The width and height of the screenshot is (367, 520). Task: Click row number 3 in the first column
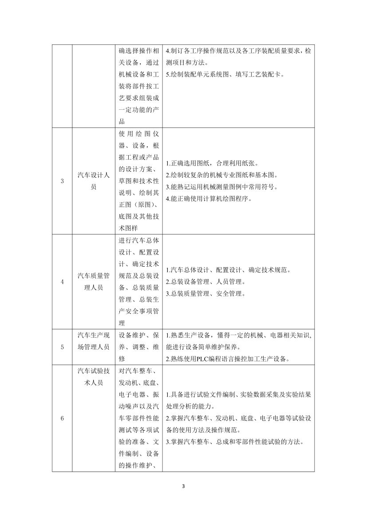[x=62, y=181]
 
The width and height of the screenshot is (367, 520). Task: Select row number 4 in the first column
[x=62, y=282]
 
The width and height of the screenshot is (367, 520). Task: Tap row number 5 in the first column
[x=62, y=347]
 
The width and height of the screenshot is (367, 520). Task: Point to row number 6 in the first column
[x=62, y=418]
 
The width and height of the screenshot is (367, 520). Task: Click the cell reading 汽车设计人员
[x=93, y=181]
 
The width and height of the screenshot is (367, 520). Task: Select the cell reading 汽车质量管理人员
[x=93, y=282]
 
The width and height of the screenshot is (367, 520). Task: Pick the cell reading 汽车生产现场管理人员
[x=93, y=341]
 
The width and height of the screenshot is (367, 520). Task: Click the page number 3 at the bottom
[x=183, y=486]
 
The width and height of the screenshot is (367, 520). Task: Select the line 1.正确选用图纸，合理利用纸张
[x=212, y=163]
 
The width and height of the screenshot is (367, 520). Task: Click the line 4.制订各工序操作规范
[x=238, y=51]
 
